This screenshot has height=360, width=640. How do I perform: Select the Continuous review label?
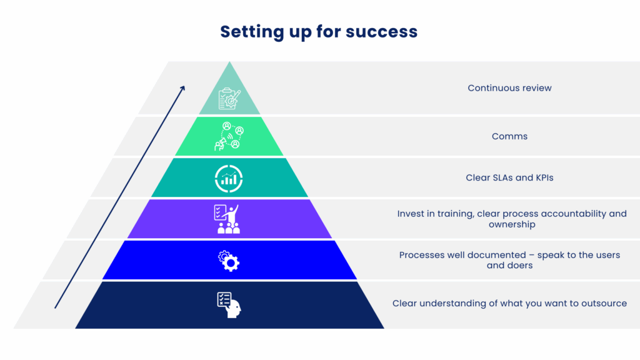click(x=509, y=88)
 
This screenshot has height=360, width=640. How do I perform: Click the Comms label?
click(x=509, y=136)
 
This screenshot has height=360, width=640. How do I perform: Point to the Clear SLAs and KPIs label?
click(x=509, y=177)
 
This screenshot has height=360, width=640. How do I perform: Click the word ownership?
click(x=512, y=224)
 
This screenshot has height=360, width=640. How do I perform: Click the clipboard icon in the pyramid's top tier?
click(x=229, y=98)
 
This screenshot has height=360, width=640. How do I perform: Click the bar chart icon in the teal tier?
click(x=229, y=179)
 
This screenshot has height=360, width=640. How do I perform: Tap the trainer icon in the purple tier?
click(x=227, y=219)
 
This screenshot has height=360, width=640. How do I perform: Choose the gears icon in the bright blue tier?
click(x=229, y=261)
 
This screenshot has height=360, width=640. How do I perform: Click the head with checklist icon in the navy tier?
click(x=229, y=305)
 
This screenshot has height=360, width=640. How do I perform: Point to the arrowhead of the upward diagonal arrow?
click(x=183, y=87)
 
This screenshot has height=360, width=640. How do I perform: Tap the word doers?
click(x=521, y=265)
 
